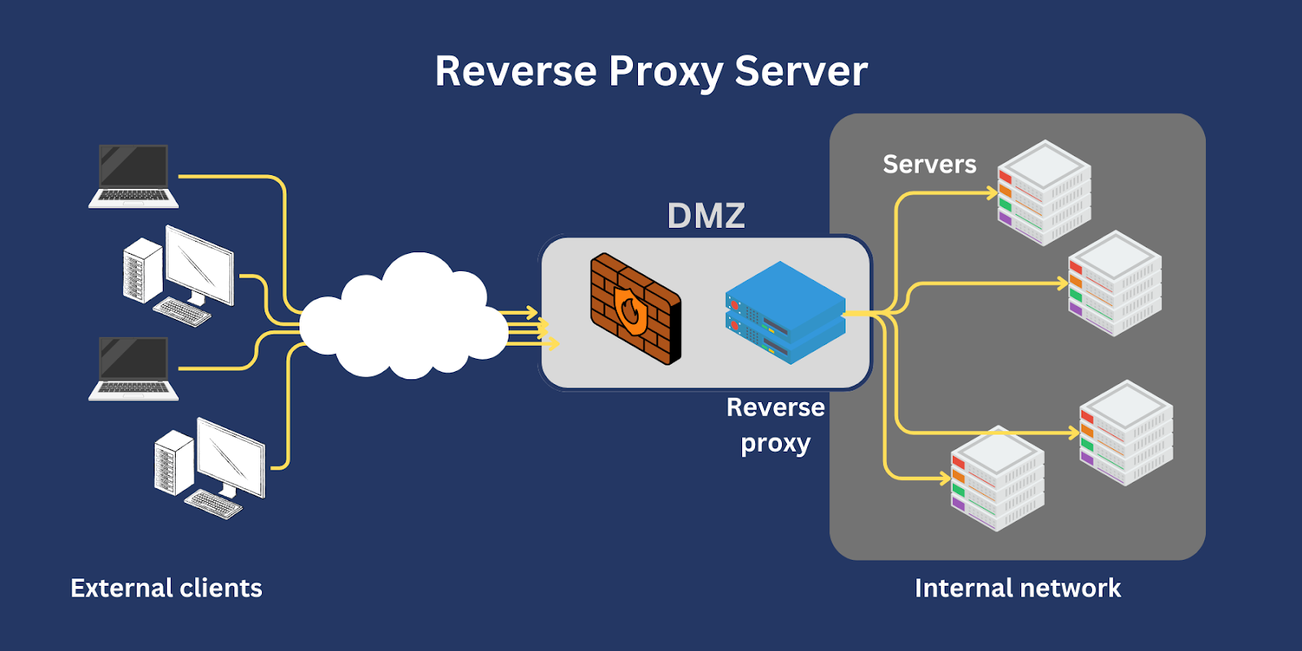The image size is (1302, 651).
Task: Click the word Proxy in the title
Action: coord(666,72)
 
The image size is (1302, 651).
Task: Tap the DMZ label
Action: coord(706,216)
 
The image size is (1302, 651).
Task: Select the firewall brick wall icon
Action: coord(636,308)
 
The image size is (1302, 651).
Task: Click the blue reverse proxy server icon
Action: coord(785,312)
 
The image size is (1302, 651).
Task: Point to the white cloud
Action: coord(404,317)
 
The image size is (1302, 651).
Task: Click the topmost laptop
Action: coord(133,176)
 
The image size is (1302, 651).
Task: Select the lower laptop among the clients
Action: coord(133,369)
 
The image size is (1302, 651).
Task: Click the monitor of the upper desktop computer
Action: coord(199,265)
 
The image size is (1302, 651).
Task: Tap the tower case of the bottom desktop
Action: coord(173,463)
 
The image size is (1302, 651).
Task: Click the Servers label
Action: coord(929,164)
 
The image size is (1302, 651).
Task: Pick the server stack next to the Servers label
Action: coord(1044,192)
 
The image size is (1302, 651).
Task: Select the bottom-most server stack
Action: coord(998,478)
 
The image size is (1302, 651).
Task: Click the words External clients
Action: coord(166,588)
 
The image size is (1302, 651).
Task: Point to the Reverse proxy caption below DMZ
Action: coord(776,426)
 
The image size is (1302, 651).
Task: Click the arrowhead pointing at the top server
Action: coord(992,192)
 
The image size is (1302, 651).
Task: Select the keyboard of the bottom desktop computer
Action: coord(213,504)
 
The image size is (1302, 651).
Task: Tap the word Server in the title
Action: coord(802,72)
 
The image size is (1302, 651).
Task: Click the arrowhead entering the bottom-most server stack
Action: coord(945,479)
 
